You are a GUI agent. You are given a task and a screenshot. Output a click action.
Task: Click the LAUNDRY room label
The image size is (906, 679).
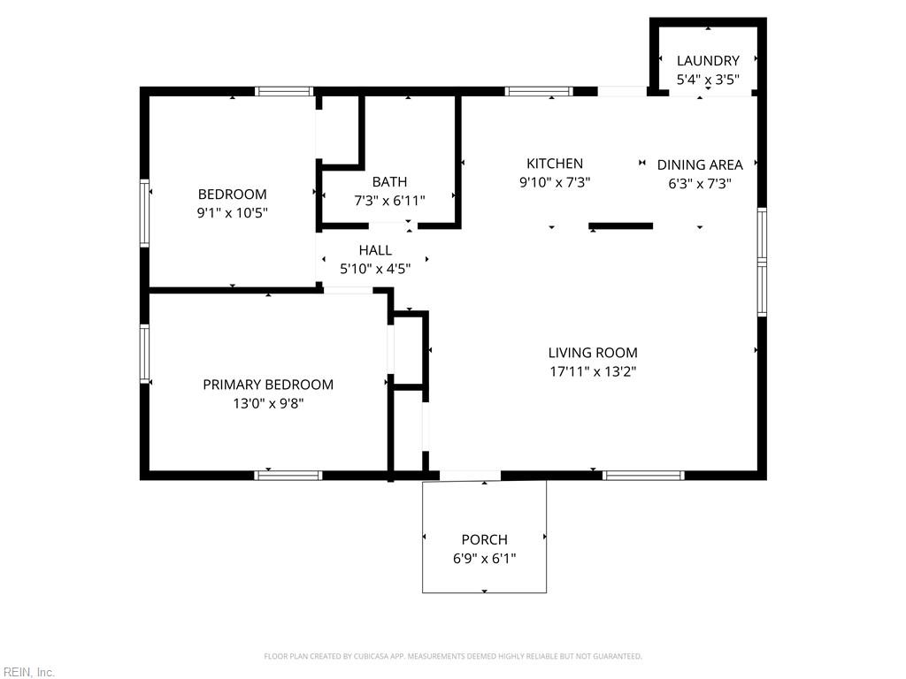707,61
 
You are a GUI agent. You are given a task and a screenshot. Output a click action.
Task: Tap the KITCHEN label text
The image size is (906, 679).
555,164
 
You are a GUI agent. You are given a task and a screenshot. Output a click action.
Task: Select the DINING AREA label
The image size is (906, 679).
700,164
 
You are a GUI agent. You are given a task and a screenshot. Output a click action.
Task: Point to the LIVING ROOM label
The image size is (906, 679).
592,353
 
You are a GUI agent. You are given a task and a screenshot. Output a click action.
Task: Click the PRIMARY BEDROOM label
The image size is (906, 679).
268,385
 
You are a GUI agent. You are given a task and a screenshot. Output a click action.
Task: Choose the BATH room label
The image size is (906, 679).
389,182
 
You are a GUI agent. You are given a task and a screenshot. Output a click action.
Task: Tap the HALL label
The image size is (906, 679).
375,250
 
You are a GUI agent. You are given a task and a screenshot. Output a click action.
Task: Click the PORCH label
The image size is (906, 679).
484,539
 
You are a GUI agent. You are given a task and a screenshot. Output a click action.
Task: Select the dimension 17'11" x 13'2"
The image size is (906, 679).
592,371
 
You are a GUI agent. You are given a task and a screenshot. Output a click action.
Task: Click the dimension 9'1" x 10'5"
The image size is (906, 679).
232,213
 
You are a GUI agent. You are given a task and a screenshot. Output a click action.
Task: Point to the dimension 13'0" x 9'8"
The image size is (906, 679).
268,403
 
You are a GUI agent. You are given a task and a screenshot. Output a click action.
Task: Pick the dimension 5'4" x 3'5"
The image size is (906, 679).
707,80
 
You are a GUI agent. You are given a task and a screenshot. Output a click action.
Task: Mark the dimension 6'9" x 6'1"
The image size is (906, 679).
484,558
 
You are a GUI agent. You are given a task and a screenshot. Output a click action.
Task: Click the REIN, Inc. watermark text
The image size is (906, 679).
28,673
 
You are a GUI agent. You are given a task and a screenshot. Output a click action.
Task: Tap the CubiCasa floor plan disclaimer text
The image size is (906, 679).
453,656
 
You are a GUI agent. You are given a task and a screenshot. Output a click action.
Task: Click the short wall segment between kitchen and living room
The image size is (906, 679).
621,226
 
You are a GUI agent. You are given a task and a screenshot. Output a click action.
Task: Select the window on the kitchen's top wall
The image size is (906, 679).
539,91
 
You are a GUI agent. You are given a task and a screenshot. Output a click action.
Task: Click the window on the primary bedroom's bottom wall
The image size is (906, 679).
288,476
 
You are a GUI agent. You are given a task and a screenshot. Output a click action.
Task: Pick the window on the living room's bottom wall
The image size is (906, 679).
643,476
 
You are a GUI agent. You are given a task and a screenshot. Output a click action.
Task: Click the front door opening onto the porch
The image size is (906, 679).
470,477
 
